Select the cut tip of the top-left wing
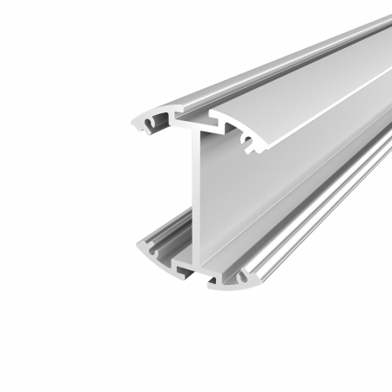click(x=139, y=123)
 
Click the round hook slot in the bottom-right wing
click(x=228, y=278)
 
